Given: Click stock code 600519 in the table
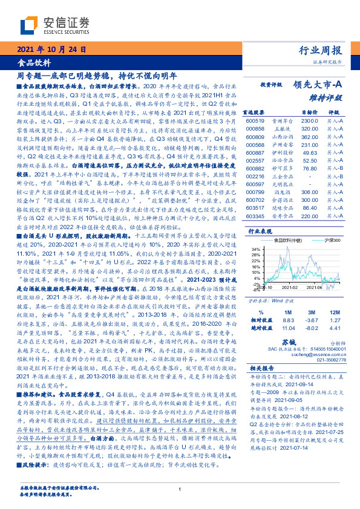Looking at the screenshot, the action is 255,122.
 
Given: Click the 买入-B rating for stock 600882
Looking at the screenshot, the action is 336,169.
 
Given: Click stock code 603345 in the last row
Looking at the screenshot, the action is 255,216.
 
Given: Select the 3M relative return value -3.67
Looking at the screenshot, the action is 311,320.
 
